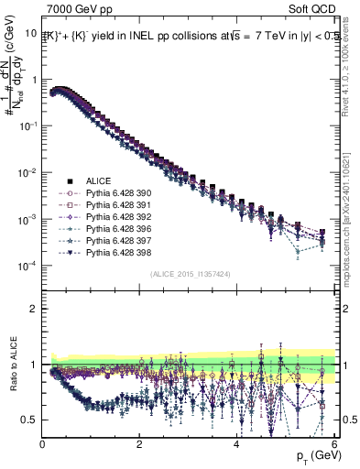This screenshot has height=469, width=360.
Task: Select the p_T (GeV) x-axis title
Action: (314, 456)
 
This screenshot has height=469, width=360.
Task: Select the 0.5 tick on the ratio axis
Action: (30, 420)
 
